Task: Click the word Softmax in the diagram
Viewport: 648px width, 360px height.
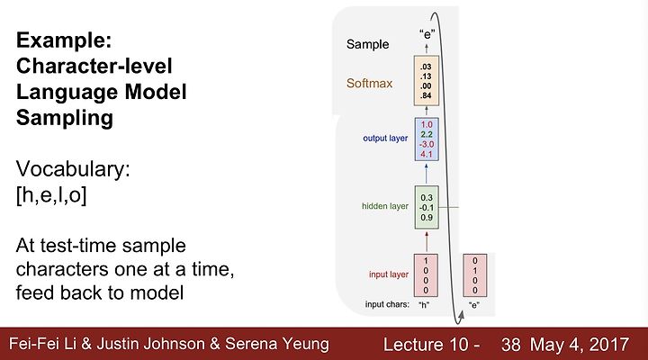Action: tap(370, 84)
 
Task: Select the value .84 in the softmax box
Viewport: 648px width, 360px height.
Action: tap(426, 96)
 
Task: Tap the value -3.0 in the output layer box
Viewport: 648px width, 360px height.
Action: tap(426, 144)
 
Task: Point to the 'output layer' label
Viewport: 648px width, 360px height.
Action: tap(385, 138)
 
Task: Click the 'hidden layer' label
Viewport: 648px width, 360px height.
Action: tap(385, 206)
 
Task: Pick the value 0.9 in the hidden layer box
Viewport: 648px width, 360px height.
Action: tap(427, 218)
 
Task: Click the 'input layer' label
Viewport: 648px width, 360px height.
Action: tap(389, 274)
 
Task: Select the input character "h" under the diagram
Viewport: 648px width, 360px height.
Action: tap(424, 305)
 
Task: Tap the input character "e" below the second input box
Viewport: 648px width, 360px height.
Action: tap(474, 305)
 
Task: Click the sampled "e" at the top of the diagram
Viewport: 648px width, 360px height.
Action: tap(427, 34)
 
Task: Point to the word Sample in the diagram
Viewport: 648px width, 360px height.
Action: tap(367, 44)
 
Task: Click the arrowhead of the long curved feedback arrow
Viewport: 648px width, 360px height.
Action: tap(461, 315)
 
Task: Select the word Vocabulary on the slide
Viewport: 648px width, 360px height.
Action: tap(73, 169)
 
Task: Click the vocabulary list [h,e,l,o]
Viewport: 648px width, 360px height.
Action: tap(51, 194)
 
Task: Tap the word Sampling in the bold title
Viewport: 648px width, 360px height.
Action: tap(65, 118)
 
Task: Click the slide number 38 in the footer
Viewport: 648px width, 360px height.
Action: tap(511, 345)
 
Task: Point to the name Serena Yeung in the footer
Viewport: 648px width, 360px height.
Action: tap(277, 344)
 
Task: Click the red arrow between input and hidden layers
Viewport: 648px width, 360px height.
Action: tap(427, 241)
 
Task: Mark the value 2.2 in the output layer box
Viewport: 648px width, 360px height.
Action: tap(427, 134)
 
